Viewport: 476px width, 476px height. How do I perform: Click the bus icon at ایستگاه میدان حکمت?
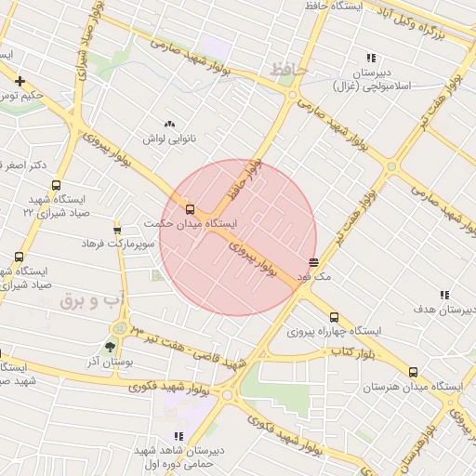tap(191, 210)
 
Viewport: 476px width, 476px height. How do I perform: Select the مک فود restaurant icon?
tap(313, 262)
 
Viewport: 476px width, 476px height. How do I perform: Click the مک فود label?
tap(313, 277)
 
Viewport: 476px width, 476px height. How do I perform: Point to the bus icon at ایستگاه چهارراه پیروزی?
tap(334, 317)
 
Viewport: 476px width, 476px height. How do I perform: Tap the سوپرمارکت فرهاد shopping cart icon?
tap(117, 230)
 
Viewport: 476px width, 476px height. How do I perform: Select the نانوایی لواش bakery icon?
tap(168, 124)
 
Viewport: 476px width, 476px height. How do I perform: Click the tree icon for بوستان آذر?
tap(111, 347)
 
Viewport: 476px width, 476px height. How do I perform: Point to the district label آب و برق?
tap(91, 301)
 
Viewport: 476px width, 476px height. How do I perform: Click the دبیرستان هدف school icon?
tap(443, 295)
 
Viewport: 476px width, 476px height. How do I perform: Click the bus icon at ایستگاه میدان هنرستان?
tap(413, 372)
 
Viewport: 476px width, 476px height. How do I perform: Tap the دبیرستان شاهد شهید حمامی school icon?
tap(178, 436)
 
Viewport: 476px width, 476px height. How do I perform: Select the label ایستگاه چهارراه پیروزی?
tap(334, 331)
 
